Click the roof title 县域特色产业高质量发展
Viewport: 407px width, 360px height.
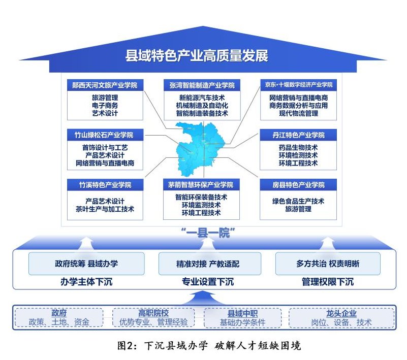(x=197, y=56)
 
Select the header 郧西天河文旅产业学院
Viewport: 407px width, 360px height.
(x=105, y=85)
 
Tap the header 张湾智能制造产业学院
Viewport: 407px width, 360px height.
(x=202, y=85)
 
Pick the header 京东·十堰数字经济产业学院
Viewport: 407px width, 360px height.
(x=298, y=85)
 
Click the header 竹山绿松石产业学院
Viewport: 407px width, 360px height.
(x=105, y=135)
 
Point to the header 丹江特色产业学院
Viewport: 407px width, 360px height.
(x=298, y=135)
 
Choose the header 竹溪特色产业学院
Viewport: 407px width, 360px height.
(x=105, y=185)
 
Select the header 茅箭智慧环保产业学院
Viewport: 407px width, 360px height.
(x=201, y=185)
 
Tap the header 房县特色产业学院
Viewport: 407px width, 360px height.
(x=298, y=185)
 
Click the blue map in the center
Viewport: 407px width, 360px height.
(x=200, y=149)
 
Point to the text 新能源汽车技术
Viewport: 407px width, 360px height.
(x=202, y=98)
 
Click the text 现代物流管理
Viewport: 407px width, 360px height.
(x=298, y=113)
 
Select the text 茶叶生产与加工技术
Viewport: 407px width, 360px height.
(x=105, y=209)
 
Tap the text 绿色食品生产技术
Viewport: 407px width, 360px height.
(x=298, y=201)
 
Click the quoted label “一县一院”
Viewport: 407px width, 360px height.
(x=208, y=233)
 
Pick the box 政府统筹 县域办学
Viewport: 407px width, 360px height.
(x=86, y=264)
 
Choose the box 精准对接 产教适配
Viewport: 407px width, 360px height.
(x=210, y=264)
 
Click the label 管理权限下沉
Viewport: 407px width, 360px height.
(x=328, y=282)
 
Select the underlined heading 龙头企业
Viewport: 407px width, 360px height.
(x=341, y=313)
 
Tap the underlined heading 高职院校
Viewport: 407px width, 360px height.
(x=153, y=313)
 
